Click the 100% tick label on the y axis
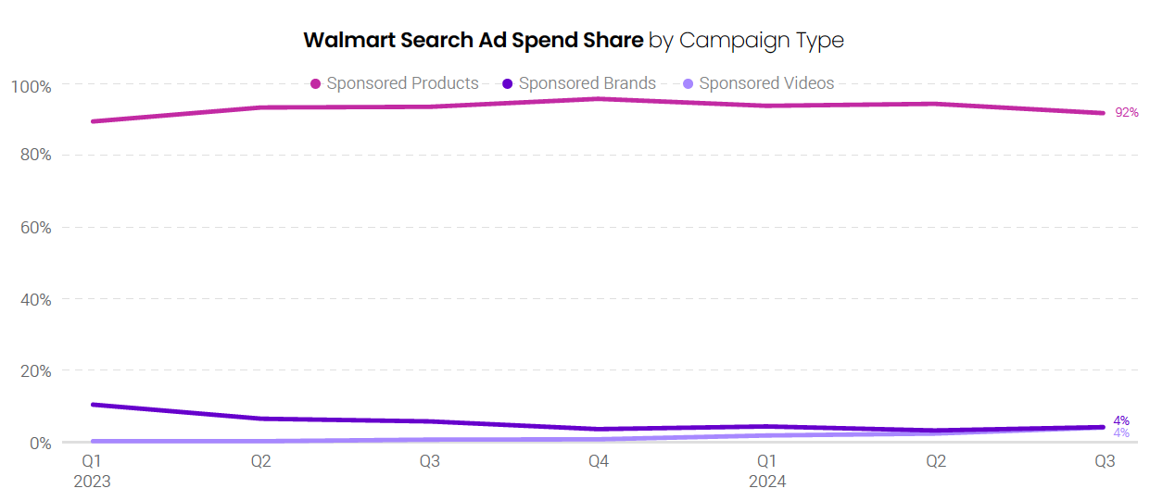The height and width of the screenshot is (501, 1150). pos(32,86)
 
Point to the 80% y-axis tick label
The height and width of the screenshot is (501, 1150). pos(35,156)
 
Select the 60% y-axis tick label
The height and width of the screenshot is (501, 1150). pos(35,228)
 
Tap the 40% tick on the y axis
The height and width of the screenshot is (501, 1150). pos(35,300)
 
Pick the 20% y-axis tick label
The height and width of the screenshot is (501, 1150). pos(35,371)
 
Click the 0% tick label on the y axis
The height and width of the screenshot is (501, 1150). pos(40,444)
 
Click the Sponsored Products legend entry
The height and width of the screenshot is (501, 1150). pos(395,83)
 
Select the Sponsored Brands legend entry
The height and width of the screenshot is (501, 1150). pos(579,83)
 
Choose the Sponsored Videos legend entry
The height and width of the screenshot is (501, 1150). pos(758,83)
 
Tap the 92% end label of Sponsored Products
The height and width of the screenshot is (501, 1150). pos(1127,112)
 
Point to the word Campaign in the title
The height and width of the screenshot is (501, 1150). pos(731,41)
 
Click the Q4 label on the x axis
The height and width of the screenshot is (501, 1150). pos(599,461)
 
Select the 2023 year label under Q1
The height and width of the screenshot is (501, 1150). pos(92,482)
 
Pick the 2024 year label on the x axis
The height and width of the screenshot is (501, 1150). pos(767,482)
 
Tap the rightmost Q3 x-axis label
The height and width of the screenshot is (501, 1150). pos(1105,461)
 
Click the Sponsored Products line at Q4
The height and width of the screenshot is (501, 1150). pos(599,98)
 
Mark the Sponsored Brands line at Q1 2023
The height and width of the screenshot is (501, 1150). pos(93,405)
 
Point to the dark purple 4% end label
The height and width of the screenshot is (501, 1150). pos(1121,420)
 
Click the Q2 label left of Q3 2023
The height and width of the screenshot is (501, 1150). pos(261,461)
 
